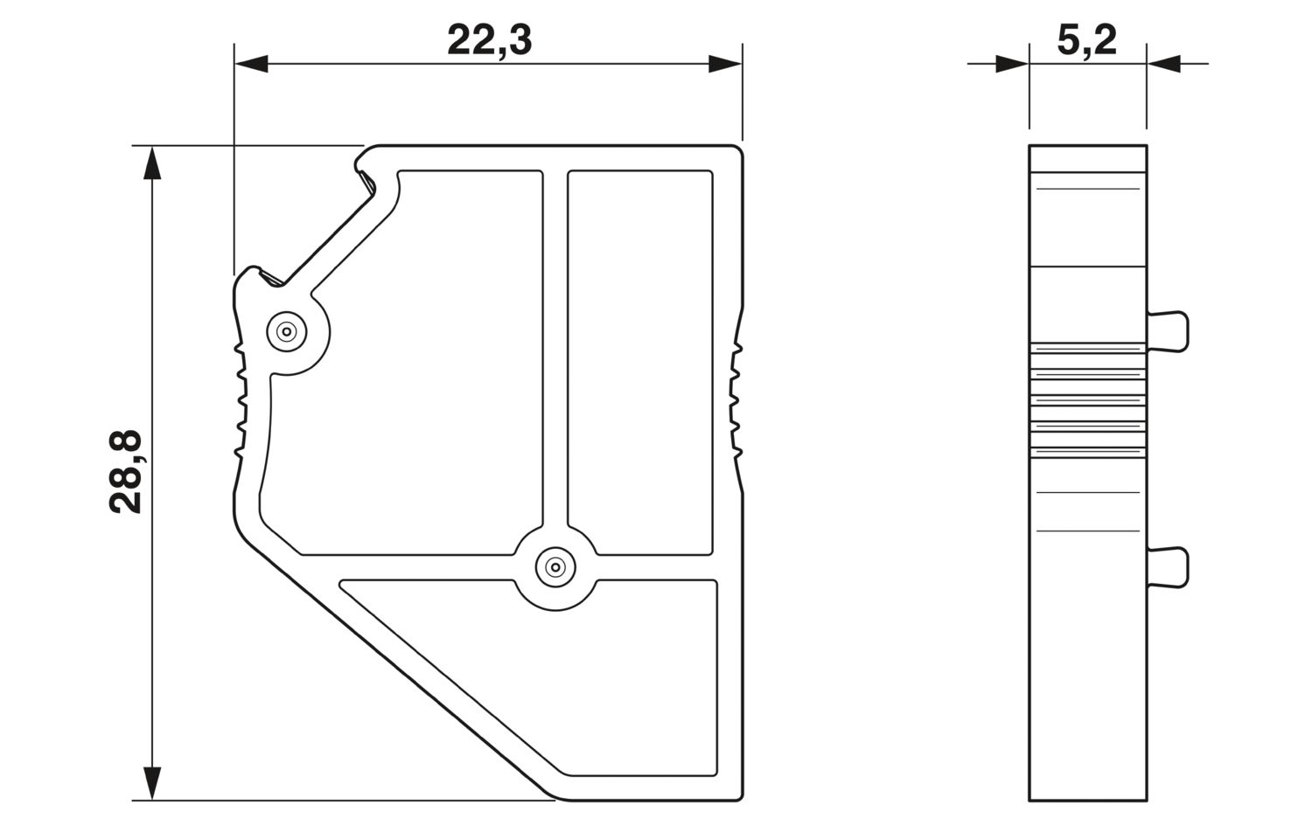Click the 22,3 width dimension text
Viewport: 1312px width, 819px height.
[x=489, y=40]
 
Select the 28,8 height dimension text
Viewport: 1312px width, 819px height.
[x=126, y=472]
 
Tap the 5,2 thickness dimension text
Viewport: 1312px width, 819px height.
[x=1086, y=40]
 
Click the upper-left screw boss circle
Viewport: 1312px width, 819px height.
[x=285, y=331]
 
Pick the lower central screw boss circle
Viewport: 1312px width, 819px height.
[x=555, y=567]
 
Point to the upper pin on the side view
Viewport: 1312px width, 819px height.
[x=1169, y=332]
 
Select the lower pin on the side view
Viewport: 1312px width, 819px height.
[x=1169, y=566]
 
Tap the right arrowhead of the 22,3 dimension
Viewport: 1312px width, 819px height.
[x=725, y=64]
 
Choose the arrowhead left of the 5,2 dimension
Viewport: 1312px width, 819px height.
[x=1012, y=64]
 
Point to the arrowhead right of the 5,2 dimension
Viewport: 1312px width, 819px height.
[x=1164, y=64]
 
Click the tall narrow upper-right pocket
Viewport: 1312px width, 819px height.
[x=639, y=358]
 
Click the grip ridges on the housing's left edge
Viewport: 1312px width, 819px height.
[x=239, y=402]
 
